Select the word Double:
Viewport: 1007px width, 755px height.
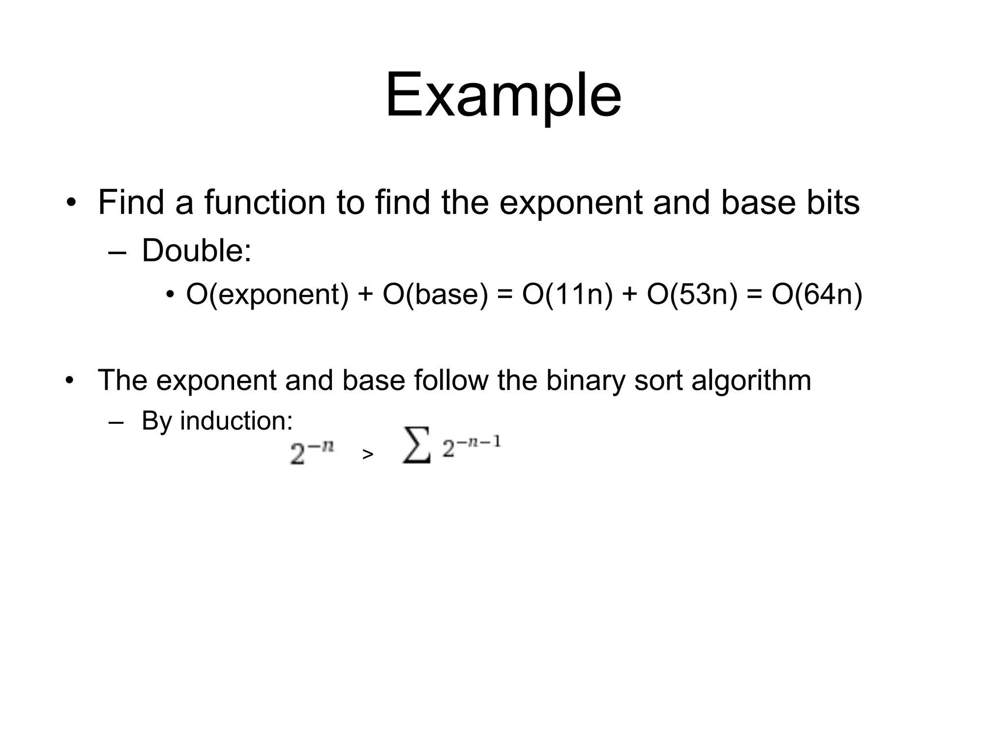(x=197, y=250)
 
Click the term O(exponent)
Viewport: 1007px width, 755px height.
(x=267, y=294)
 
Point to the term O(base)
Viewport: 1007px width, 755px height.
(x=435, y=294)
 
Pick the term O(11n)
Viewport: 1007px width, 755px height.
(x=567, y=294)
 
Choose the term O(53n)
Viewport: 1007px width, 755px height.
(x=692, y=294)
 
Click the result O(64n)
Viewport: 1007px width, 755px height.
(x=817, y=294)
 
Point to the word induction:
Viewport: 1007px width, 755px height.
(x=236, y=421)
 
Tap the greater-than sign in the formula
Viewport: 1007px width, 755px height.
(x=367, y=455)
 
